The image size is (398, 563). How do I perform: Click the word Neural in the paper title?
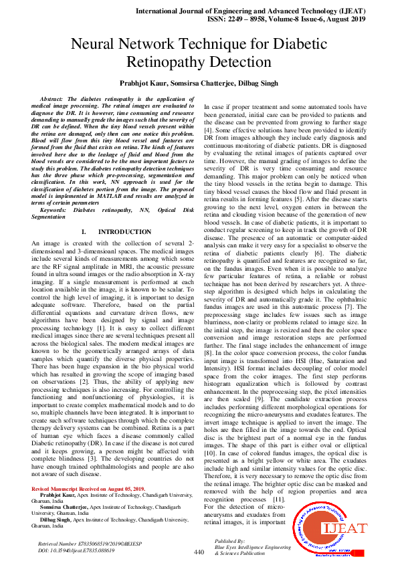(98, 45)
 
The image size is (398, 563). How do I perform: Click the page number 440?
(199, 552)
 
